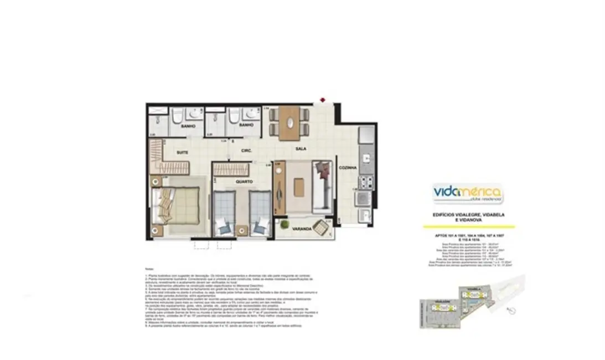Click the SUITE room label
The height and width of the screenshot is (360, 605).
(x=182, y=152)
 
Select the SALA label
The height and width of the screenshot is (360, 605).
(x=301, y=149)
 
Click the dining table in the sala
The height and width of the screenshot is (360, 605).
(x=288, y=123)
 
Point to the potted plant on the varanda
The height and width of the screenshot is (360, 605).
(x=284, y=224)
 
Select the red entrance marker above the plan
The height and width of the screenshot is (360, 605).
(x=323, y=101)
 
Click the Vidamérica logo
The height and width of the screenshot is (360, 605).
(x=468, y=194)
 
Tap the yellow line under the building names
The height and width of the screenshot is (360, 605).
(x=468, y=227)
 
